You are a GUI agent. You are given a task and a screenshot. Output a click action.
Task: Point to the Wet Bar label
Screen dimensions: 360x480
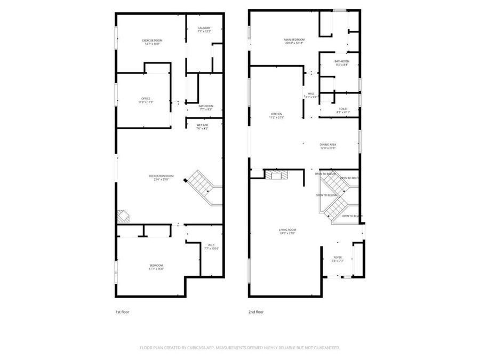click(202, 126)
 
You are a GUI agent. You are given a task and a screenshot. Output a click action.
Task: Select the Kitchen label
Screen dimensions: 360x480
click(276, 115)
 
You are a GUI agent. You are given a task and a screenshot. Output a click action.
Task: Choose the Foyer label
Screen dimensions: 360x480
click(338, 259)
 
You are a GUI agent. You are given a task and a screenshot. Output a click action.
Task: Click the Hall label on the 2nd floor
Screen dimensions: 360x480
click(311, 95)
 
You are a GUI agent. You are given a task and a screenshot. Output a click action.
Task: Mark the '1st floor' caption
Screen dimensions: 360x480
click(122, 312)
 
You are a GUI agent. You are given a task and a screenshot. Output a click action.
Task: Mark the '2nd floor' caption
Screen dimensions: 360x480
click(255, 312)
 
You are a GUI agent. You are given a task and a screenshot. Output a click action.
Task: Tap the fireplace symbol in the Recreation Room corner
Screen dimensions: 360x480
click(123, 215)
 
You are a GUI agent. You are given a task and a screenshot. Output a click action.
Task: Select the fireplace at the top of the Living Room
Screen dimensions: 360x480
click(276, 175)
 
